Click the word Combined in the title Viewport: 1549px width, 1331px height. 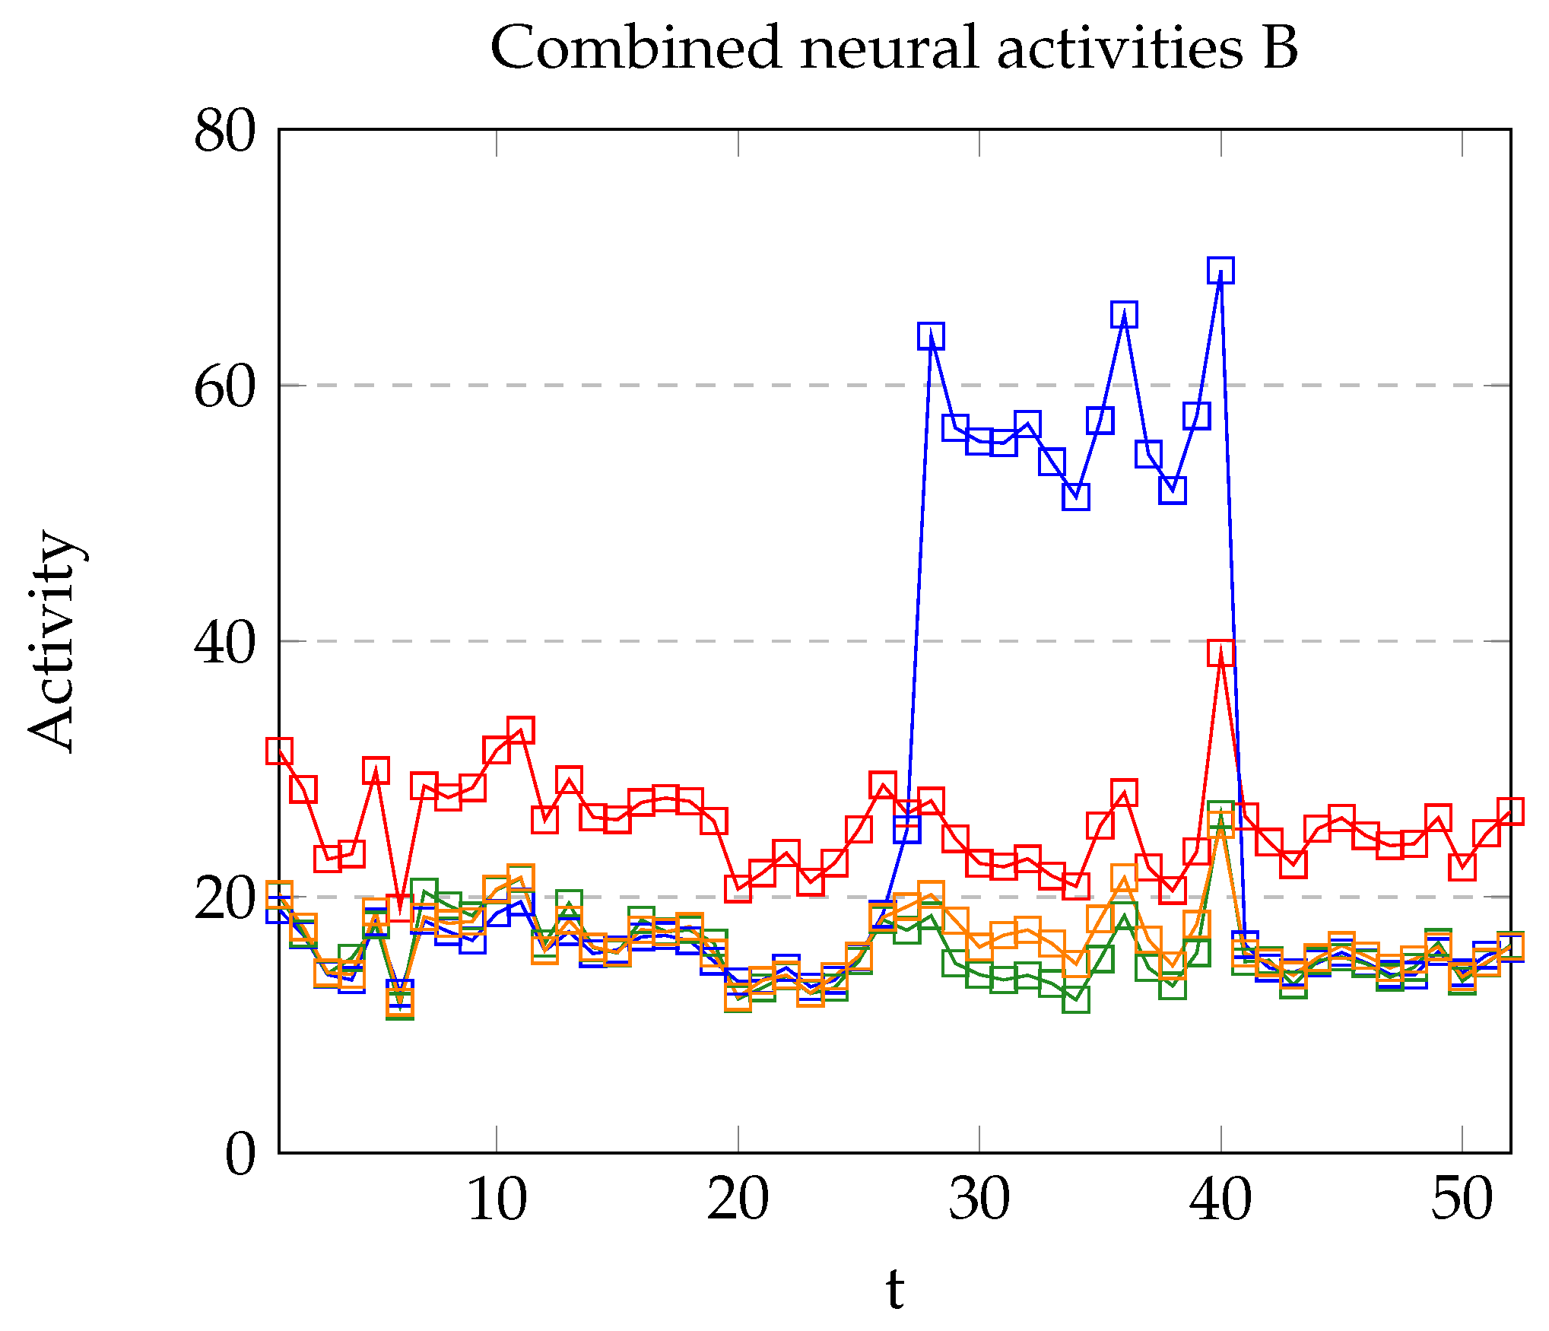pos(636,47)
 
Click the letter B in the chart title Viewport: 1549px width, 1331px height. pos(1280,47)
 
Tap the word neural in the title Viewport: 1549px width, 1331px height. pos(889,47)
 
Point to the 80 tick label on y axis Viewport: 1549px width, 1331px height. pos(225,132)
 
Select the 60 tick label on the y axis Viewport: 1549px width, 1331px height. pos(225,387)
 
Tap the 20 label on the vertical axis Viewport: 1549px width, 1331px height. pos(225,898)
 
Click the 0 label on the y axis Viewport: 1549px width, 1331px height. pos(240,1154)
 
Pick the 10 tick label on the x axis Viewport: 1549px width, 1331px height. pos(497,1199)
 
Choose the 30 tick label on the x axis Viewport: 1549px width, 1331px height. pos(979,1199)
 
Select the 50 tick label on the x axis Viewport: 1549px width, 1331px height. pos(1462,1199)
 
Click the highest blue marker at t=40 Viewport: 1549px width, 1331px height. pos(1220,270)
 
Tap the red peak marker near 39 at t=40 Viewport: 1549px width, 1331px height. pos(1220,653)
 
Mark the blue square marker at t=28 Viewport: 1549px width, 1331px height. pos(931,335)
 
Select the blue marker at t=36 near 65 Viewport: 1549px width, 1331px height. pos(1124,313)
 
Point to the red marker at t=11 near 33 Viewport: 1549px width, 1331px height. pos(520,730)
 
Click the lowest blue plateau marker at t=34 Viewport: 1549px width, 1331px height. pos(1076,497)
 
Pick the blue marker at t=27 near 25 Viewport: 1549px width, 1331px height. pos(907,829)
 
